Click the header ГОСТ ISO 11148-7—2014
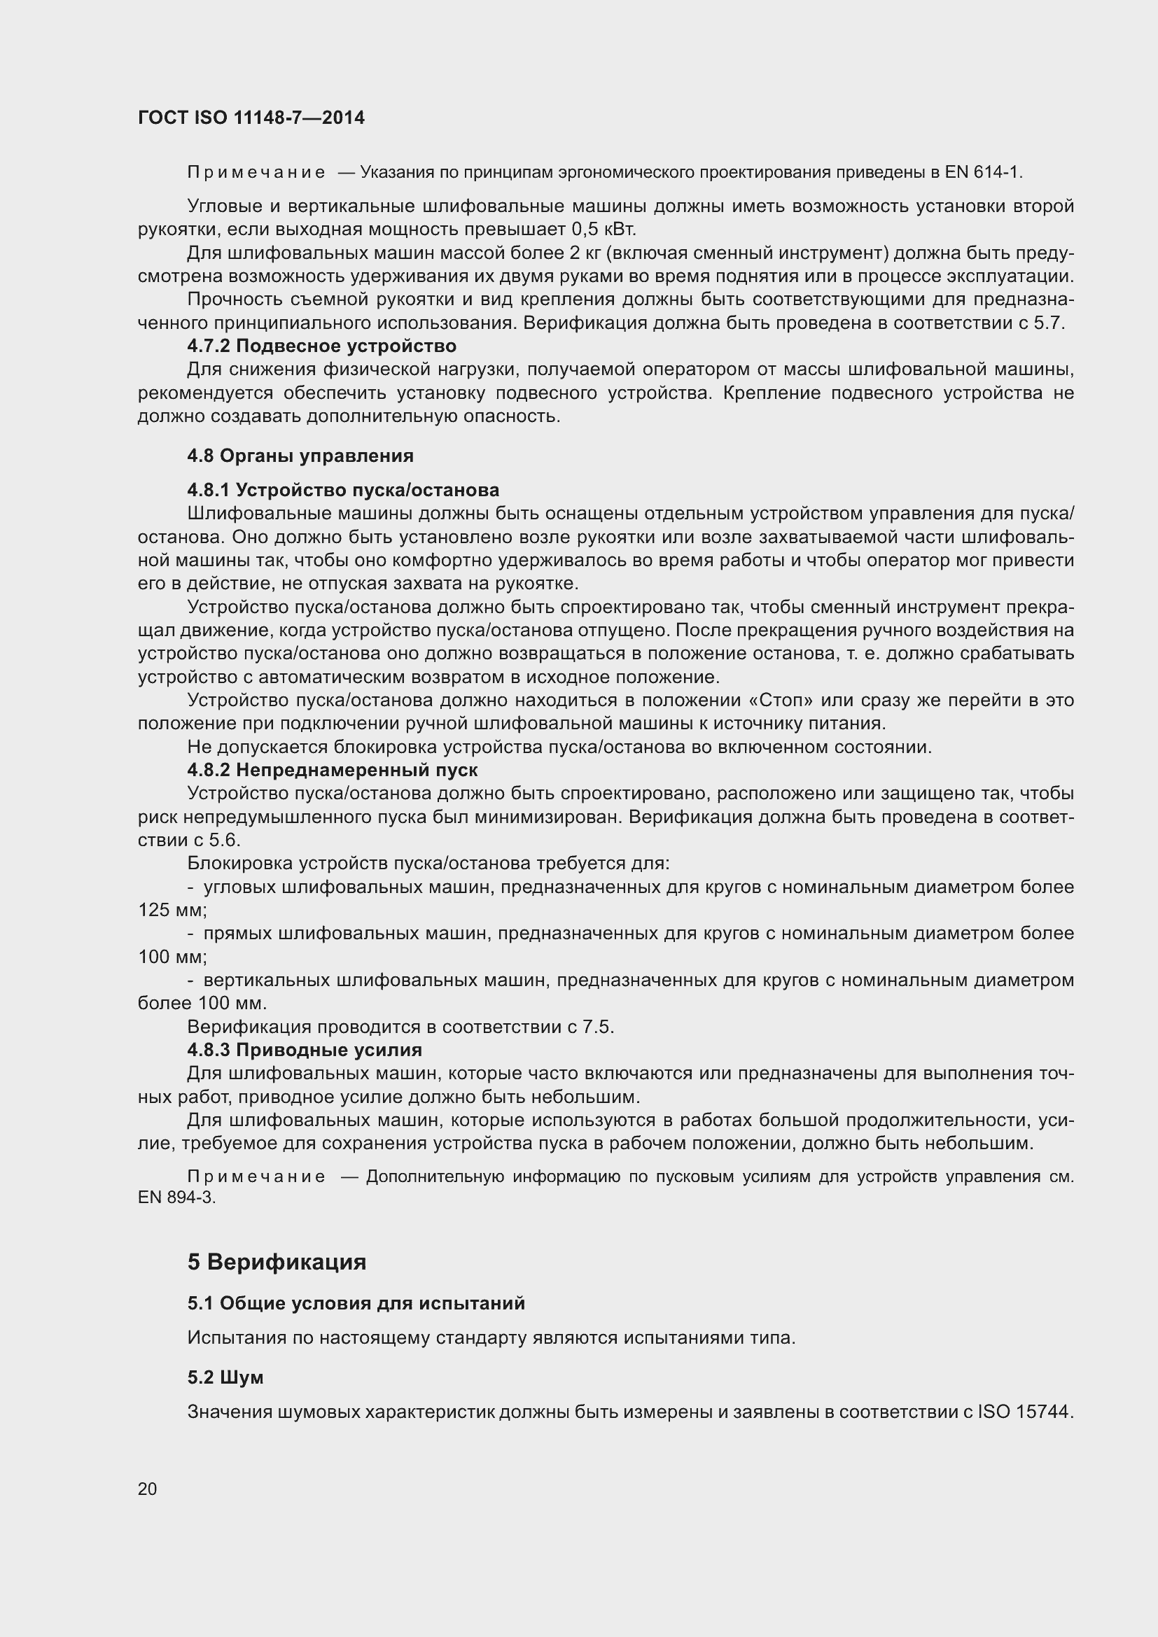tap(251, 118)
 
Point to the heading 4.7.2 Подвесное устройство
tap(321, 346)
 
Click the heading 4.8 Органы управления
tap(300, 456)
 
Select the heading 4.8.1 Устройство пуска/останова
tap(343, 491)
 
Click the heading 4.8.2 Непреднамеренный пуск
tap(333, 770)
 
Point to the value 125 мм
tap(171, 911)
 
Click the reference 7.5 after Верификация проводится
tap(597, 1027)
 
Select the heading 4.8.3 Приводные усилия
tap(305, 1051)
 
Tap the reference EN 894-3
tap(176, 1197)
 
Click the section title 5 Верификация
tap(277, 1262)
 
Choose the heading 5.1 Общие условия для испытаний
tap(356, 1303)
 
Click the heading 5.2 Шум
tap(225, 1377)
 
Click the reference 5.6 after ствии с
tap(225, 841)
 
